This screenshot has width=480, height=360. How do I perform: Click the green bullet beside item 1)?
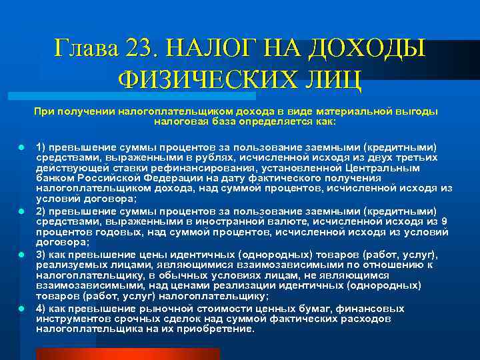tap(21, 145)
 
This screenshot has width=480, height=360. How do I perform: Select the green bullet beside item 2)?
tap(21, 210)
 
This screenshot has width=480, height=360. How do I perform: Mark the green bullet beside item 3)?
tap(21, 255)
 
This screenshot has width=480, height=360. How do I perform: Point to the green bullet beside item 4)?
tap(21, 309)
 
